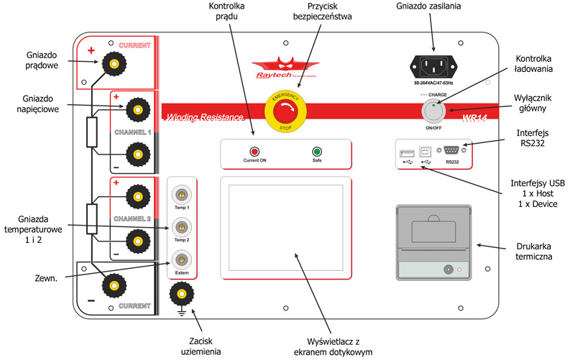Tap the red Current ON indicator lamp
point(254,152)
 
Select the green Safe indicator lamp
point(316,152)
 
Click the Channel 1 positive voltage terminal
point(134,110)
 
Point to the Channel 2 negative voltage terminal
point(134,240)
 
